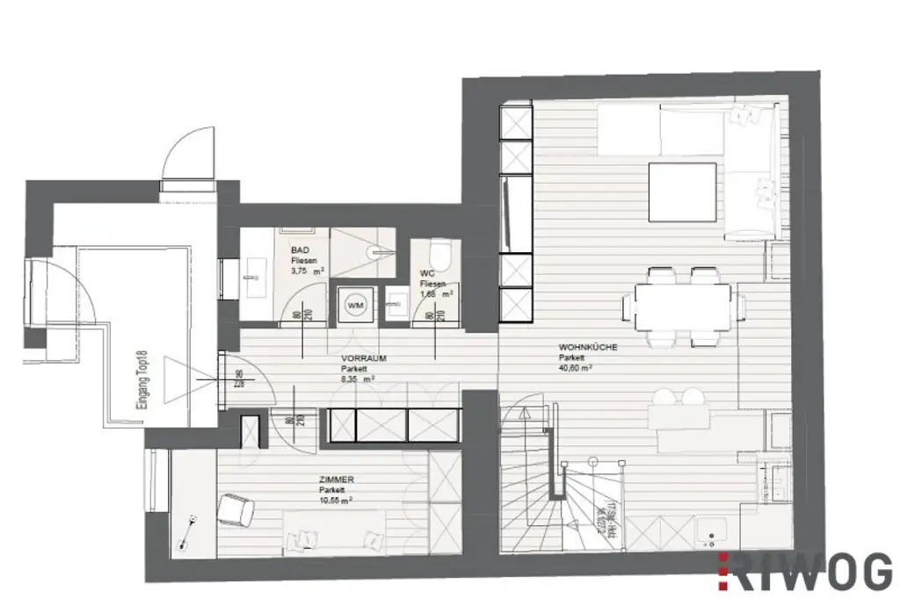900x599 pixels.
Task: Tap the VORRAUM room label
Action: point(364,358)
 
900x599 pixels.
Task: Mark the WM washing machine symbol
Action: point(356,304)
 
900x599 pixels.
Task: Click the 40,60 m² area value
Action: point(575,369)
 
